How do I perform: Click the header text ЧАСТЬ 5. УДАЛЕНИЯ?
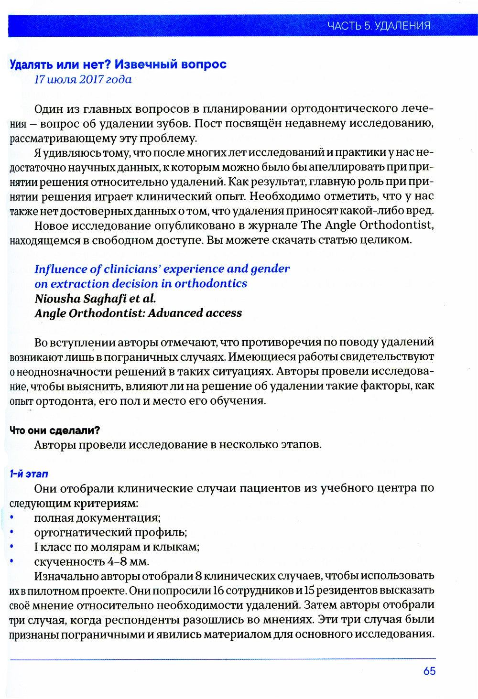click(379, 26)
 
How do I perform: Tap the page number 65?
click(429, 671)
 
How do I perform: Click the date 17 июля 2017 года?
click(83, 79)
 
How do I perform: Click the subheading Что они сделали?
click(54, 430)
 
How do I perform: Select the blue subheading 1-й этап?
click(29, 474)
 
